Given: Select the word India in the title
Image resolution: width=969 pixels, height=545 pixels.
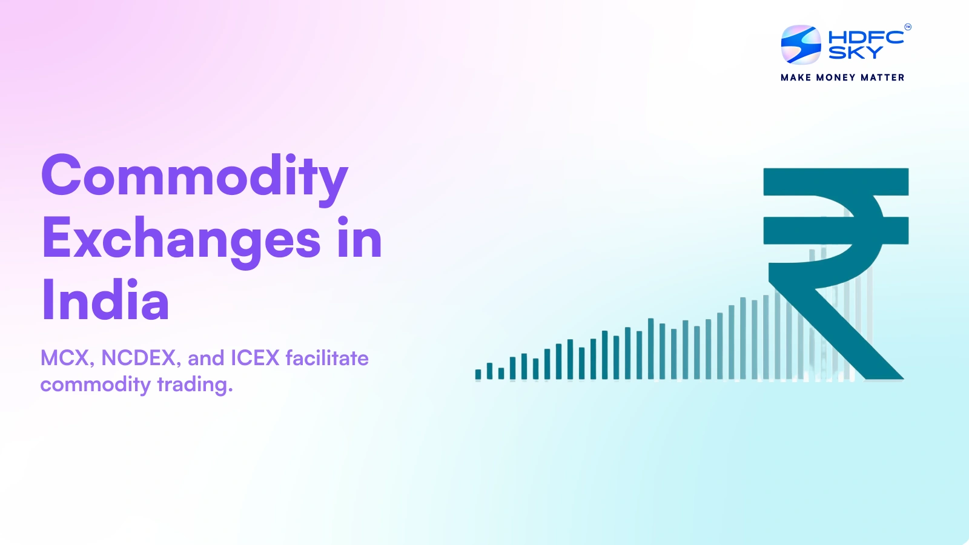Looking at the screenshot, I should (105, 300).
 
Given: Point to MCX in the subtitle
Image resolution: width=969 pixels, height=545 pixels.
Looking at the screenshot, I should (65, 358).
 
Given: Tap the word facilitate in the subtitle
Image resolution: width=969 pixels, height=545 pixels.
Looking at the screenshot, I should (327, 358).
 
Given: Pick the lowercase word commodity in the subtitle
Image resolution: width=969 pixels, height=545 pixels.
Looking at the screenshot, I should (95, 385).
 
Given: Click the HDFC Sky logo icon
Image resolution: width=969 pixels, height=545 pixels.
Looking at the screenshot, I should (801, 45).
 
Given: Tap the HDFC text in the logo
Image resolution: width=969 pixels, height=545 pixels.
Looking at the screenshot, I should (865, 38).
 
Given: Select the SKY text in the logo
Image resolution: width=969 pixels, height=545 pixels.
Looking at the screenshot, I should (855, 53).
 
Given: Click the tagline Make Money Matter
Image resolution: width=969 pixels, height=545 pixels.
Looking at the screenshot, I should (842, 78).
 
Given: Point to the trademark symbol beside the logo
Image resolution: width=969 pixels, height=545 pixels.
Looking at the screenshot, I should (907, 27).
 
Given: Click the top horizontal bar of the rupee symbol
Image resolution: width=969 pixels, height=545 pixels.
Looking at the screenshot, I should (836, 181).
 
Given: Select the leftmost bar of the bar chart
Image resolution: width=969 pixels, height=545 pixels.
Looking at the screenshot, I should (478, 374).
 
